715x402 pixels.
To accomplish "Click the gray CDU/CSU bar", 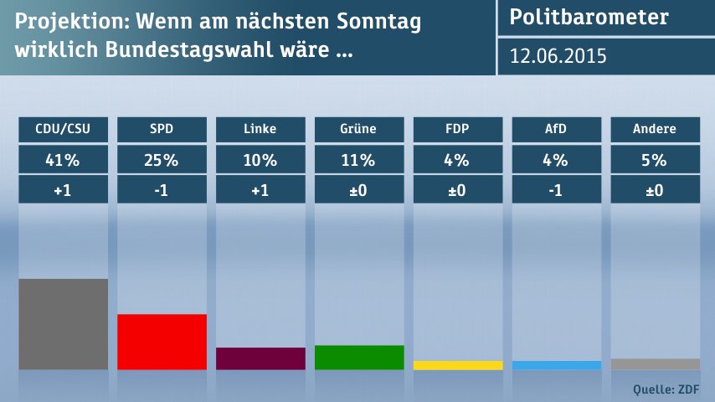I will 63,324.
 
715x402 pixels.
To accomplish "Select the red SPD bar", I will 162,342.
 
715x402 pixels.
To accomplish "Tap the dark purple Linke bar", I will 260,358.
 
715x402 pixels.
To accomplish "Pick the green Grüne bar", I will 359,358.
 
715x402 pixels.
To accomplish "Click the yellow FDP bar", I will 458,365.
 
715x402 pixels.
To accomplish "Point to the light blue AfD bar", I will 557,365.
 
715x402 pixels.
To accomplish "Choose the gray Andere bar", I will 656,364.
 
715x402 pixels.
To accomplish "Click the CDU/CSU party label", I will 63,129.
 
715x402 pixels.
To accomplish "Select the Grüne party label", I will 359,129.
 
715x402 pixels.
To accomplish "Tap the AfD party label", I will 557,129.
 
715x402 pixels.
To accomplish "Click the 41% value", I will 63,159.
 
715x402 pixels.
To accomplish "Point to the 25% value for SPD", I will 162,159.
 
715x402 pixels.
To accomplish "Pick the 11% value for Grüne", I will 359,159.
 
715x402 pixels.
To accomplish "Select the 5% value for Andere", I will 656,159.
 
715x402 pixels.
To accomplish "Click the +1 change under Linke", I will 260,189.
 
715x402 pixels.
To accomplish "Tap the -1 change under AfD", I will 557,189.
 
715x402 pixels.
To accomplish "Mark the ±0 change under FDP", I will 458,189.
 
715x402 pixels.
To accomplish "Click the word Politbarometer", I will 589,18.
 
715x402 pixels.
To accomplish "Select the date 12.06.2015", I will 558,56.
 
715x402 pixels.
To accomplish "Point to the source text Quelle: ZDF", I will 666,389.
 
